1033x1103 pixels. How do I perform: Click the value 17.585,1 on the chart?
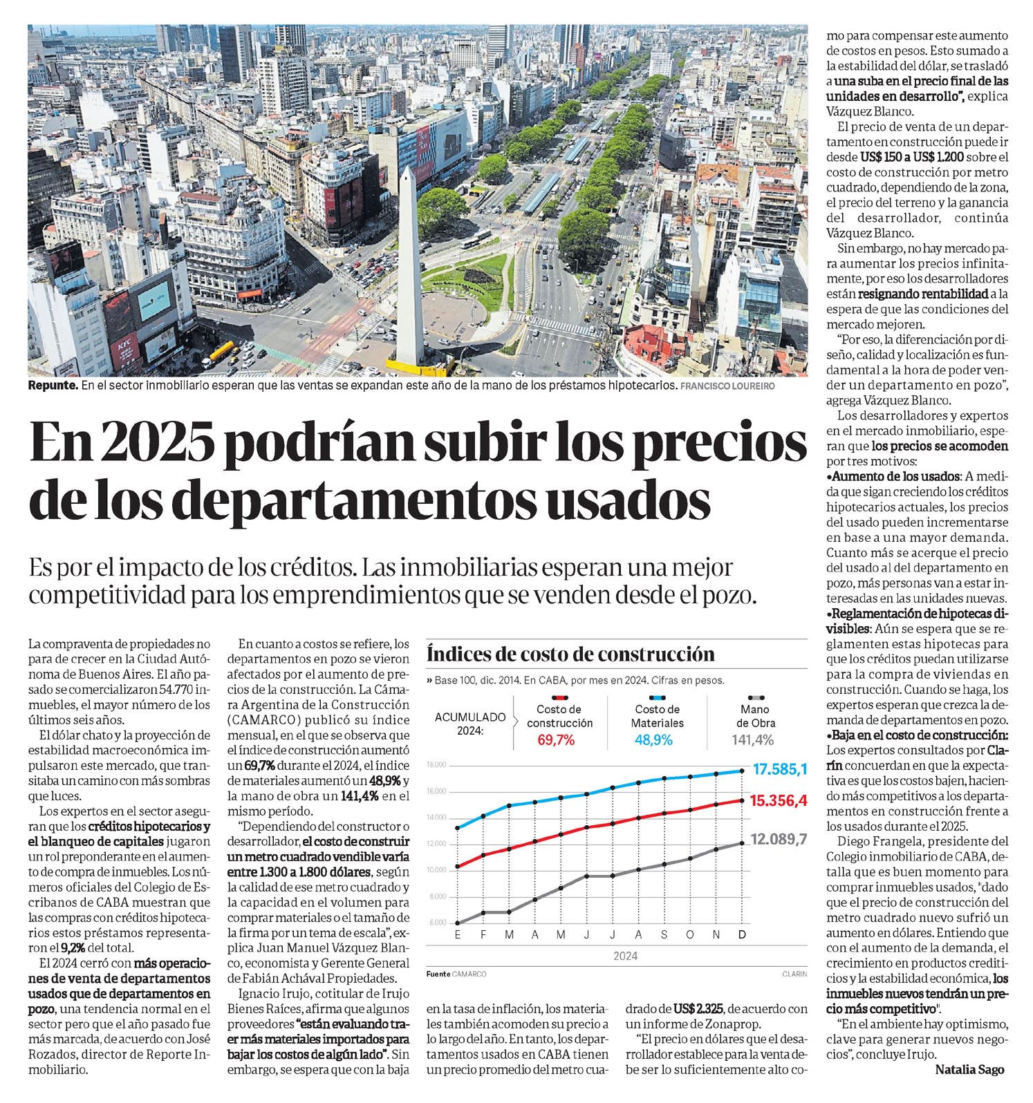[x=779, y=769]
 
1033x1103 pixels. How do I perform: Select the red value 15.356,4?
[x=779, y=800]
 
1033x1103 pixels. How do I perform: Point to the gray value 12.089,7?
[x=779, y=840]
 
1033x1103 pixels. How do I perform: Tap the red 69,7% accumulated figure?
[x=557, y=740]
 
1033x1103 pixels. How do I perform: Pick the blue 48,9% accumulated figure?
[x=653, y=740]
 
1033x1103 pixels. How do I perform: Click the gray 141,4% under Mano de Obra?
[x=753, y=740]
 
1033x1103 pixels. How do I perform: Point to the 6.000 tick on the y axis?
[x=438, y=923]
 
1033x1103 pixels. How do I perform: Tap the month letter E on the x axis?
[x=457, y=935]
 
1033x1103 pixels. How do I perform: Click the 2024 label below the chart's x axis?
[x=625, y=956]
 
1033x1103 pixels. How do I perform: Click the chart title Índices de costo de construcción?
[x=570, y=653]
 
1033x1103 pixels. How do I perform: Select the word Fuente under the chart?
[x=438, y=974]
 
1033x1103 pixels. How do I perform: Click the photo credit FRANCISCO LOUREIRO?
[x=727, y=386]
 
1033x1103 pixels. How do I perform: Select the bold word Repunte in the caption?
[x=53, y=386]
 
